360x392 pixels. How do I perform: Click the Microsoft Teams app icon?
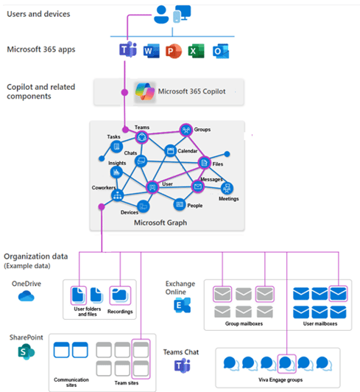[127, 52]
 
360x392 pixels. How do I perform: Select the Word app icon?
[151, 52]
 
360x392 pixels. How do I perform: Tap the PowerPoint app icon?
[174, 52]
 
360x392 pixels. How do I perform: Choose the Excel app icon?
[197, 52]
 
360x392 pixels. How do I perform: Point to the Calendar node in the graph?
[170, 150]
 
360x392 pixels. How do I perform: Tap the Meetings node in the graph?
[227, 186]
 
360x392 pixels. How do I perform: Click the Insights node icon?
[116, 172]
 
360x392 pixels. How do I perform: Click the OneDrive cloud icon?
[27, 296]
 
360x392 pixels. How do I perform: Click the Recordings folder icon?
[119, 295]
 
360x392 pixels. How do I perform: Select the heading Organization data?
[35, 256]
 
